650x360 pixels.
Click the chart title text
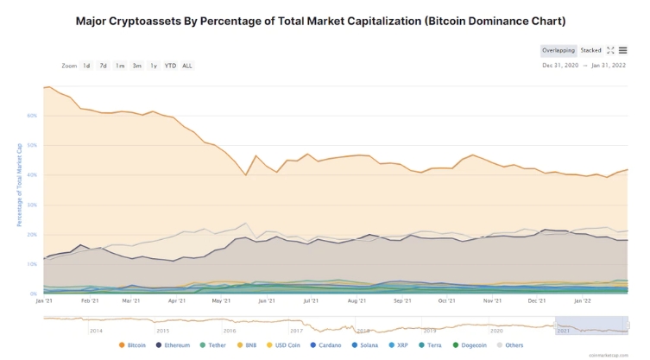325,20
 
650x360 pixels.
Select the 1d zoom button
86,66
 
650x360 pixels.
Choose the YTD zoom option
170,66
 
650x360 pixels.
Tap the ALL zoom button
187,66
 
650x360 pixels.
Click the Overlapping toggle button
558,51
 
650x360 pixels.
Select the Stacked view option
591,51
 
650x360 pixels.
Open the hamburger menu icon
623,51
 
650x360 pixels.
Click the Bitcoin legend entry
133,345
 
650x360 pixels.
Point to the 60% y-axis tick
32,115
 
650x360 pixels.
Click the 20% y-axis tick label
32,234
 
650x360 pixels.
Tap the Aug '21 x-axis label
357,301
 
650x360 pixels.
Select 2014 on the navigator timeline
95,331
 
